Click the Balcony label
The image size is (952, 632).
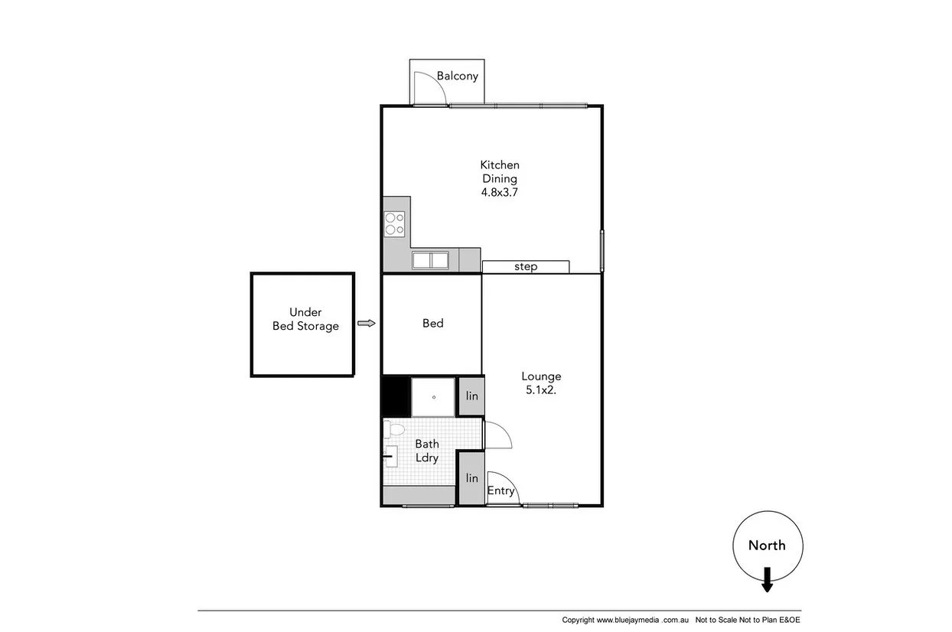point(458,76)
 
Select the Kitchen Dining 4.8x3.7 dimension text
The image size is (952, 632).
point(500,193)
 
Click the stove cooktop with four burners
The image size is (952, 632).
point(395,223)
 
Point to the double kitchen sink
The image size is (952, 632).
point(431,260)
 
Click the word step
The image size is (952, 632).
point(526,267)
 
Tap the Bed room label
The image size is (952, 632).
point(433,324)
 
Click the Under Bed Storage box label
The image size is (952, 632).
point(305,319)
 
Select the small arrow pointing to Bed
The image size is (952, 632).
point(367,324)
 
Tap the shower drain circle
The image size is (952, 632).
point(434,397)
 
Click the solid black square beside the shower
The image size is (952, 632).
point(396,396)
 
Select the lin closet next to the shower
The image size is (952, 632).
point(472,396)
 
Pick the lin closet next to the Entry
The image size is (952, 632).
point(472,478)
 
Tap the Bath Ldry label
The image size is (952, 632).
point(427,451)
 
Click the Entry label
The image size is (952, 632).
point(501,491)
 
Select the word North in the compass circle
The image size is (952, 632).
point(767,546)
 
